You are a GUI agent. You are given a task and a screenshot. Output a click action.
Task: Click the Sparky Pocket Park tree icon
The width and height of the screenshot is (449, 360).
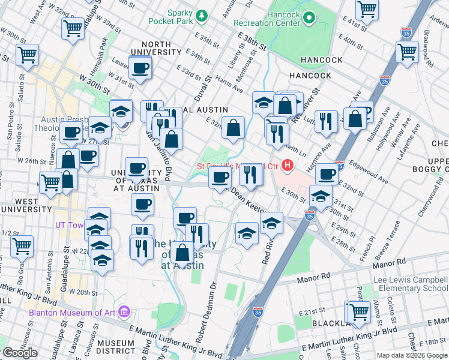click(203, 14)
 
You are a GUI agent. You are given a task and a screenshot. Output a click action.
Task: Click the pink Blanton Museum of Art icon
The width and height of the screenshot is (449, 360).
click(124, 311)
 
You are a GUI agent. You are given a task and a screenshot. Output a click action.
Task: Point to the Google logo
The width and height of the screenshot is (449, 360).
click(19, 353)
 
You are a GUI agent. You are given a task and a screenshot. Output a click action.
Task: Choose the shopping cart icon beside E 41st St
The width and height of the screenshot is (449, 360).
click(367, 8)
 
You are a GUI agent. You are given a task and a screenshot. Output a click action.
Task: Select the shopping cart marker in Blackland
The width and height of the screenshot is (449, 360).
click(358, 311)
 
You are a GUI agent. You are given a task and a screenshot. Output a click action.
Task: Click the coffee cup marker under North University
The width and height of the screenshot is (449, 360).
click(140, 67)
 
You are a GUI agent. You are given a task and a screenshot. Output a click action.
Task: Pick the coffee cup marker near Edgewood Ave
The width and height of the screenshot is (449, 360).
click(327, 174)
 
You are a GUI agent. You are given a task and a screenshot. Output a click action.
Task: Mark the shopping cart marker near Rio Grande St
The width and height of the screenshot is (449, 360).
click(22, 245)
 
